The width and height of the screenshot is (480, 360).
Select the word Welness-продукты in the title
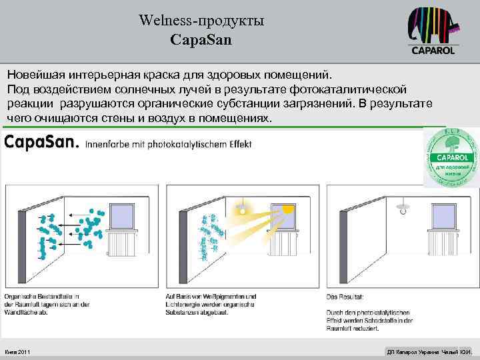click(x=201, y=21)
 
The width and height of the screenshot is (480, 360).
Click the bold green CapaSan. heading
click(x=41, y=142)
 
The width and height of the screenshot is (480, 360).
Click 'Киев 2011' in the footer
click(x=17, y=351)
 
